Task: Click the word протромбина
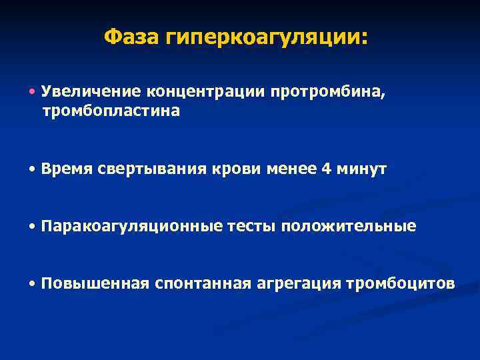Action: point(327,92)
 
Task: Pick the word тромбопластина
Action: point(111,111)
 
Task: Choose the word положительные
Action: point(349,227)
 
